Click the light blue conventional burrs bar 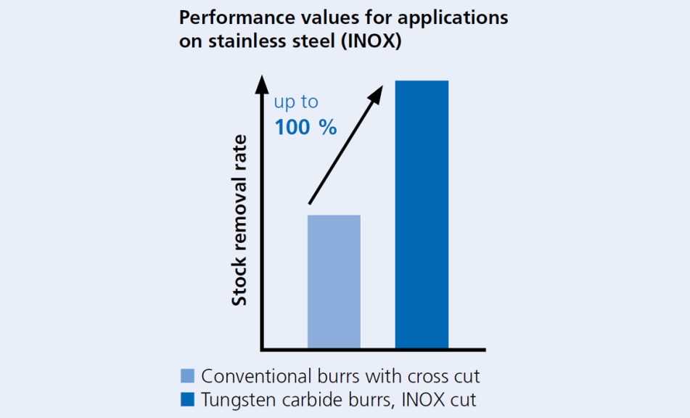[x=334, y=282]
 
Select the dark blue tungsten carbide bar [x=422, y=214]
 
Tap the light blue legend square [x=187, y=376]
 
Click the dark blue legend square [x=187, y=399]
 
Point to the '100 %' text [x=305, y=128]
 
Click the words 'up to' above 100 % [x=295, y=102]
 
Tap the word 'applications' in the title [x=460, y=17]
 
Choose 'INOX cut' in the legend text [x=442, y=400]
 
